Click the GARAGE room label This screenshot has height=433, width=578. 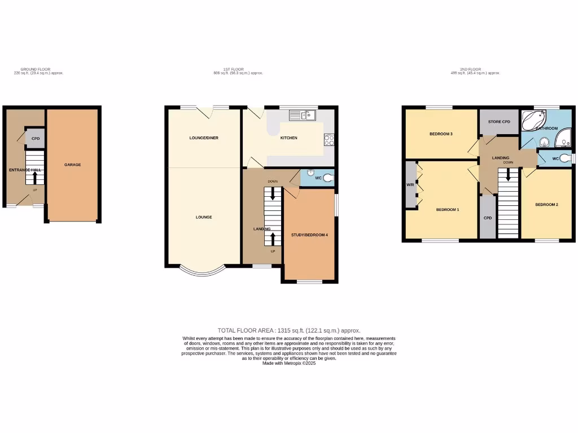click(x=72, y=165)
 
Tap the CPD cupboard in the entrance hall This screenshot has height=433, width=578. click(x=36, y=138)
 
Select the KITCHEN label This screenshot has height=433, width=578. click(x=288, y=138)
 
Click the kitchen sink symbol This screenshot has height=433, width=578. click(x=303, y=116)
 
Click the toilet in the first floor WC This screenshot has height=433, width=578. click(x=329, y=178)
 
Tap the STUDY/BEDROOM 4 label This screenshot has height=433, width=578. click(x=309, y=235)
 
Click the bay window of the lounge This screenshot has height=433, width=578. click(x=203, y=272)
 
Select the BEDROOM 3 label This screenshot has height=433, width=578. click(x=441, y=134)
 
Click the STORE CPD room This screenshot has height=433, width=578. click(x=499, y=121)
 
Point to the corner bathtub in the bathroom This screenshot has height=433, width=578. click(x=534, y=120)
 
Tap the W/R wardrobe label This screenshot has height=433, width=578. click(x=410, y=185)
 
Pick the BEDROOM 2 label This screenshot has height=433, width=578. click(x=546, y=204)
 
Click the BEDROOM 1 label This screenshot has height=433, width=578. click(x=448, y=209)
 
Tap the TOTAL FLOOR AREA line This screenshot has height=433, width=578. click(x=288, y=330)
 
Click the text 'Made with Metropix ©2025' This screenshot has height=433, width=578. click(x=289, y=364)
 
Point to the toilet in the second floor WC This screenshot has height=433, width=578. click(x=565, y=158)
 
